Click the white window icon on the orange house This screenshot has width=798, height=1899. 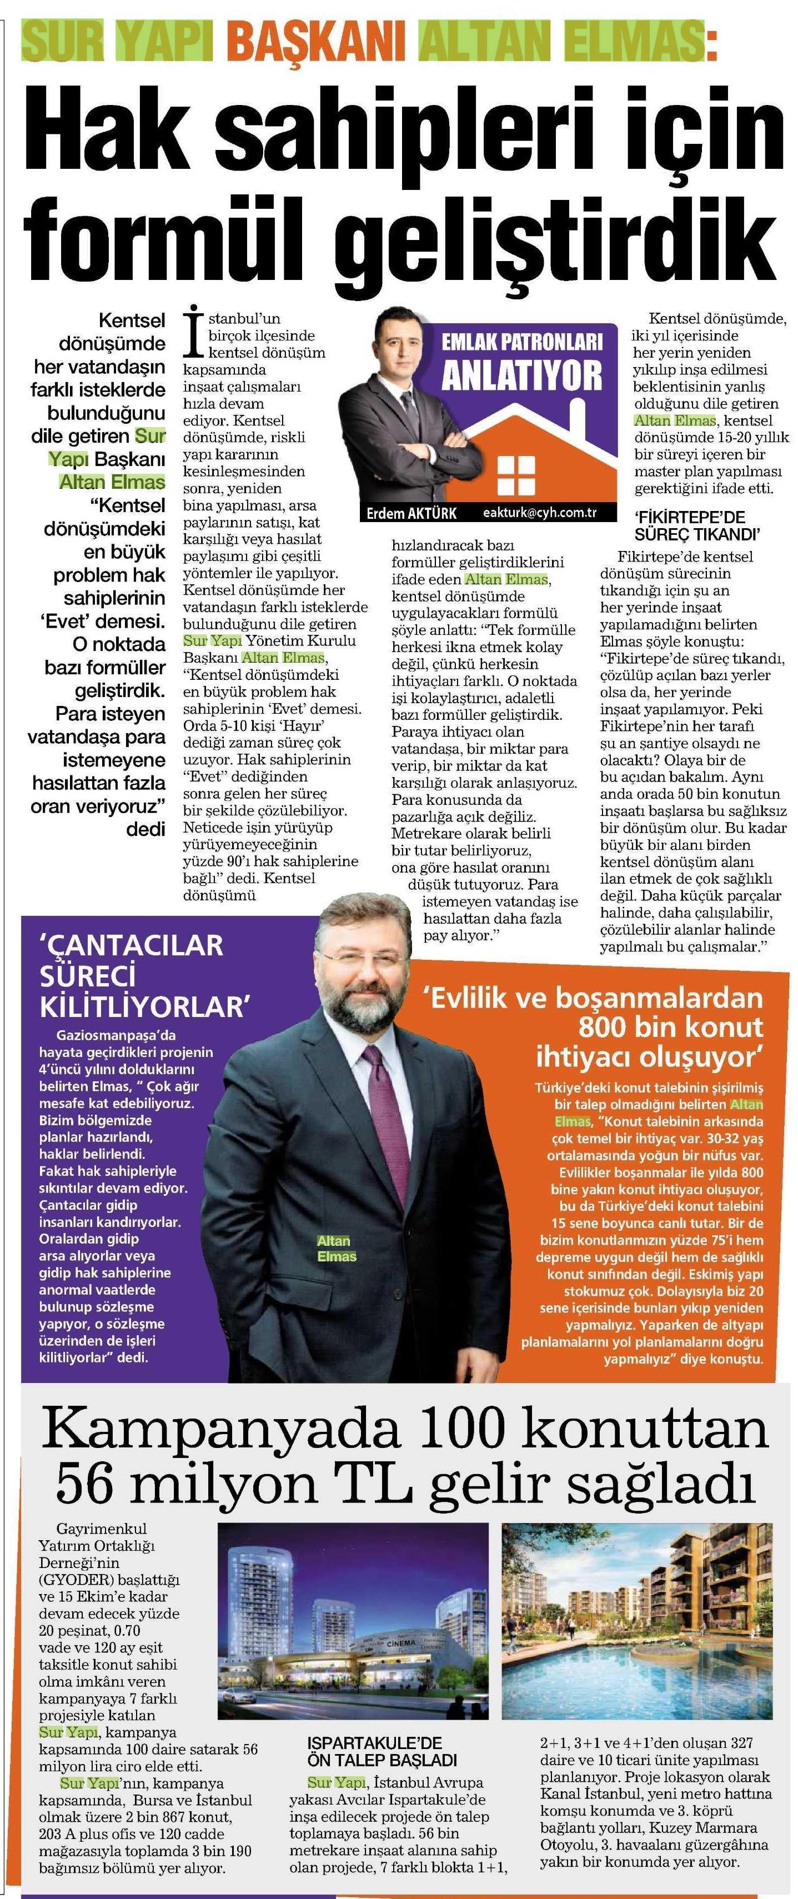click(x=516, y=475)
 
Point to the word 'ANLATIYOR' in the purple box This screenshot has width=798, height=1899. click(x=521, y=376)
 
